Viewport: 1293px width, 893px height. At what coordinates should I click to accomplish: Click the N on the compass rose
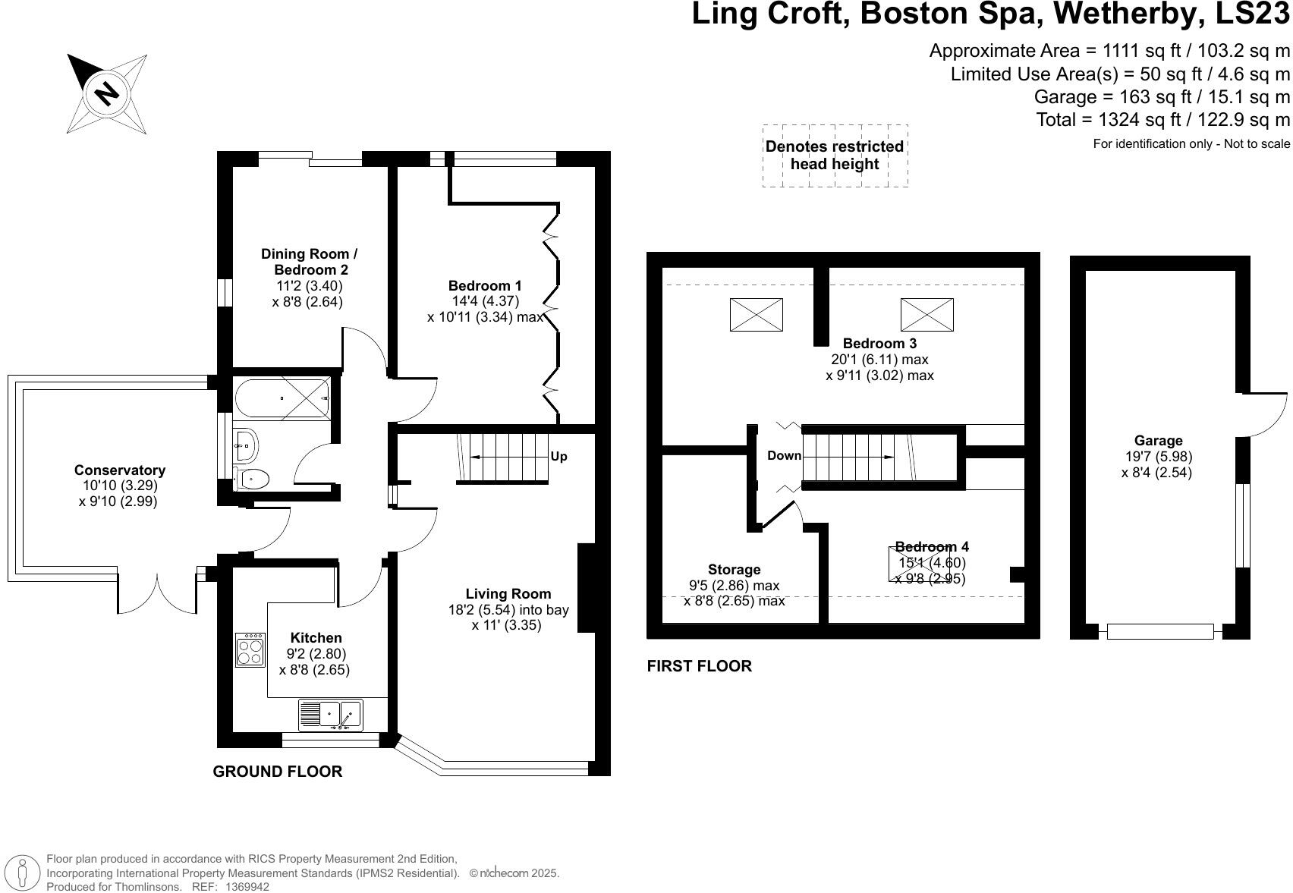(x=106, y=93)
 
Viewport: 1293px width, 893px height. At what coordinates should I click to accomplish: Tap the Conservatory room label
(x=119, y=470)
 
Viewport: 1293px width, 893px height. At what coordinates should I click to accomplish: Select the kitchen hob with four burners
(x=250, y=650)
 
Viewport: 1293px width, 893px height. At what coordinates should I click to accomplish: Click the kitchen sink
(x=331, y=715)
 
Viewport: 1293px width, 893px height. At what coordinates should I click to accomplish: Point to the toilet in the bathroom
(x=252, y=479)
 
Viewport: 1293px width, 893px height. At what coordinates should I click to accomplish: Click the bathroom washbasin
(x=245, y=445)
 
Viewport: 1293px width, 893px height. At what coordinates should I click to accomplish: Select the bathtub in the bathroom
(x=282, y=398)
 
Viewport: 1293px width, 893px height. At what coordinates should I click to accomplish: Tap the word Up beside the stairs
(x=558, y=457)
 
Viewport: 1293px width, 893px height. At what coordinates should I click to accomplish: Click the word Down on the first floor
(x=784, y=455)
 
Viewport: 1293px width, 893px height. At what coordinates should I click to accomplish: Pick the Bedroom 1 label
(x=485, y=286)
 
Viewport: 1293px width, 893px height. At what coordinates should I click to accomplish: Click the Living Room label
(x=508, y=593)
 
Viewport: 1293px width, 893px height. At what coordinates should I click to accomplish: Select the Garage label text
(x=1158, y=441)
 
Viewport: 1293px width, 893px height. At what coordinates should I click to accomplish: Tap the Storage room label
(x=735, y=570)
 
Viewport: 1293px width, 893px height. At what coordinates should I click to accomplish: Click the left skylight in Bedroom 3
(x=757, y=315)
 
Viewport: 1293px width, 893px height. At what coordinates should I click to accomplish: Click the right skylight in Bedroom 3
(x=927, y=315)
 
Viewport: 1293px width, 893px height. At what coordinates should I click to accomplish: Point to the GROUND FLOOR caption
(x=278, y=771)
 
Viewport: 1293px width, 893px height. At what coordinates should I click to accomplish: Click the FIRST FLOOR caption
(x=700, y=666)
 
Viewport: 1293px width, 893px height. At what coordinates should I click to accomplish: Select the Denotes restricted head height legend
(x=835, y=156)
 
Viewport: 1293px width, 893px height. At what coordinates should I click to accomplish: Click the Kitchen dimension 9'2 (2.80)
(x=316, y=653)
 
